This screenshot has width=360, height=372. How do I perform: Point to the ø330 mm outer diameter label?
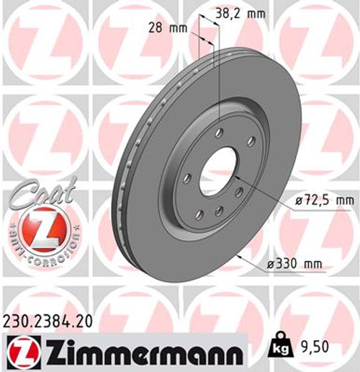[x=294, y=265]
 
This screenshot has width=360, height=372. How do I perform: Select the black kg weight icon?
[x=280, y=348]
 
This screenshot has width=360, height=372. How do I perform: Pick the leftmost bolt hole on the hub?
[x=186, y=177]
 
